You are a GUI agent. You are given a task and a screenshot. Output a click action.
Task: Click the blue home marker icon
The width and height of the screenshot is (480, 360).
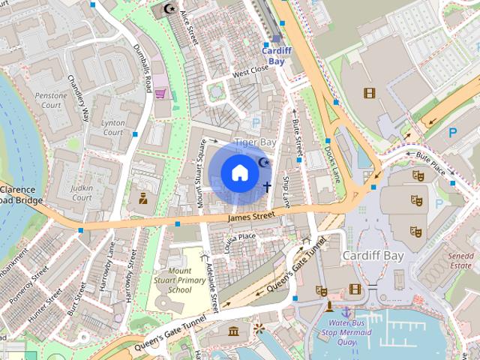tap(238, 172)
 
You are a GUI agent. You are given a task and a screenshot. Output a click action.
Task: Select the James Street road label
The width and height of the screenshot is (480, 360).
tap(252, 217)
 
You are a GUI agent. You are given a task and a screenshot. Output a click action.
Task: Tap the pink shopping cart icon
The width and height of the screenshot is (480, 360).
tap(160, 94)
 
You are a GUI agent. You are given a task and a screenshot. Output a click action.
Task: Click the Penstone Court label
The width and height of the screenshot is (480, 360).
tap(51, 101)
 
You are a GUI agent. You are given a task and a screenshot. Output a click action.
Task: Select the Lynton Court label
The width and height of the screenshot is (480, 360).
tap(112, 127)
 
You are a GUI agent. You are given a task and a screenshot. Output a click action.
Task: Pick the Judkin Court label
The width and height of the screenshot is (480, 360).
tap(81, 193)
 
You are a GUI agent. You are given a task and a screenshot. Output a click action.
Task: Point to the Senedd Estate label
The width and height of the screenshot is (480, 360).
tap(460, 260)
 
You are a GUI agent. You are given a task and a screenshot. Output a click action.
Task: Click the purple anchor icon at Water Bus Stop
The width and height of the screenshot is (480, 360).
tap(346, 311)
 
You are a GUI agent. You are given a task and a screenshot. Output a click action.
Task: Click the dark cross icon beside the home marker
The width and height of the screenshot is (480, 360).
tap(267, 186)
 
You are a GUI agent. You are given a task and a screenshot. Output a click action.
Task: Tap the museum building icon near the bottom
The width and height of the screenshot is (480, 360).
tap(233, 331)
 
